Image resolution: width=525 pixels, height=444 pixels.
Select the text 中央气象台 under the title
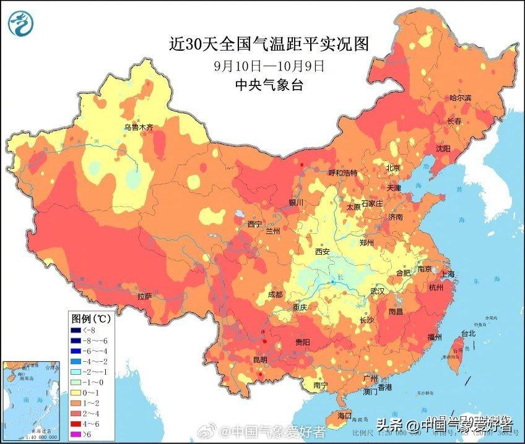(x=269, y=85)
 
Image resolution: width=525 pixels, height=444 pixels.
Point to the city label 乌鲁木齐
(x=137, y=127)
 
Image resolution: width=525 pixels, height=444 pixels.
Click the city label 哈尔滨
(x=460, y=98)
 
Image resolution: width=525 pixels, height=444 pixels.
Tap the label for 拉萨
(x=144, y=297)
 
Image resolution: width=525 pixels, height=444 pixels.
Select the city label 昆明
(x=260, y=359)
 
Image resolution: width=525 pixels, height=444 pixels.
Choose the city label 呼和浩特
(x=342, y=173)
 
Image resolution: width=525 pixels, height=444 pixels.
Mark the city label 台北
(x=467, y=333)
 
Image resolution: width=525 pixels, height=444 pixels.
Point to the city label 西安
(x=322, y=252)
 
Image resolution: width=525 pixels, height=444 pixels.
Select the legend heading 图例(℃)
(x=91, y=319)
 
